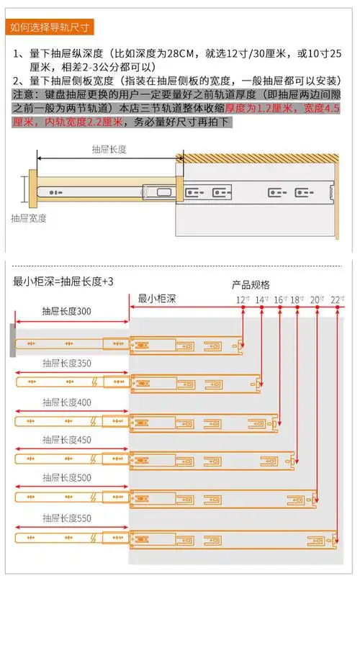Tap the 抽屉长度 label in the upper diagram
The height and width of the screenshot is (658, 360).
(x=109, y=150)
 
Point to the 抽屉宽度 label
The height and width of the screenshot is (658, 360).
(x=30, y=217)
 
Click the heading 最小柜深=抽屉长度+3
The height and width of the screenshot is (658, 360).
(x=63, y=281)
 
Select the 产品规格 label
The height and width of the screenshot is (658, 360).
(x=251, y=284)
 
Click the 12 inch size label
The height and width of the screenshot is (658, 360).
(x=241, y=299)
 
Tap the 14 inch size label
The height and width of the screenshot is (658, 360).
(x=260, y=299)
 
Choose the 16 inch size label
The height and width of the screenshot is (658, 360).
(x=279, y=299)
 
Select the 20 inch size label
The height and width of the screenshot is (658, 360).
(x=315, y=299)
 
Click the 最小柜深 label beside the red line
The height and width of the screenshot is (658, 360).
(x=156, y=298)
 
